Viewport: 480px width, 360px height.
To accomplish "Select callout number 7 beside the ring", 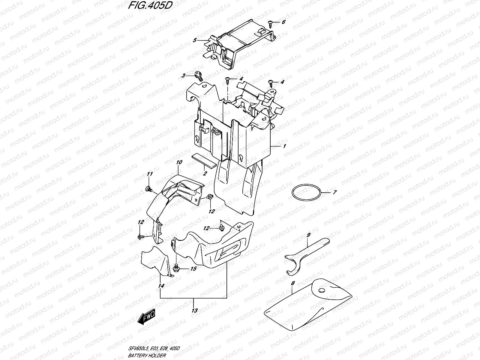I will coord(335,192).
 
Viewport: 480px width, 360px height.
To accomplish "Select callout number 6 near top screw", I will coord(283,22).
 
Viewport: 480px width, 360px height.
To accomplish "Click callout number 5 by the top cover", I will coord(194,40).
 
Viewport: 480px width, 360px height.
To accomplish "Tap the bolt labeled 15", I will coord(177,267).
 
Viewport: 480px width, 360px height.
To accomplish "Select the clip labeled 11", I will coord(148,189).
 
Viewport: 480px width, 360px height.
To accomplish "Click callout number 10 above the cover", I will coord(179,162).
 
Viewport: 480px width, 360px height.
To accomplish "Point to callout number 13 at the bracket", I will coord(194,311).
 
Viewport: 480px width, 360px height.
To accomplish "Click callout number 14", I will coord(161,286).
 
